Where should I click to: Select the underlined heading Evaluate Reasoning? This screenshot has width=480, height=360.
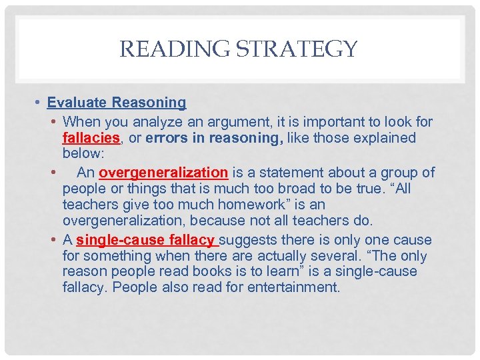pos(117,103)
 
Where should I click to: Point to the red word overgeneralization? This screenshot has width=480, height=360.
pos(163,173)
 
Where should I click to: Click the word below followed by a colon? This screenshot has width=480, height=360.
pos(83,155)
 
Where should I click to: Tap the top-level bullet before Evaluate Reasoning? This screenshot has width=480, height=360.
pos(39,103)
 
